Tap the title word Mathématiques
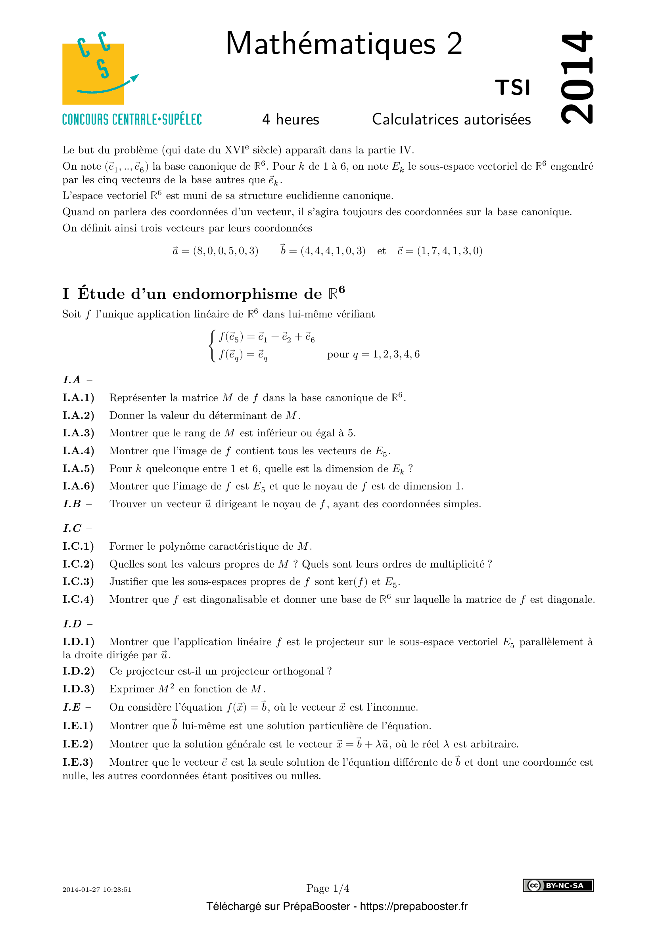[330, 44]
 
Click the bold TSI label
[512, 88]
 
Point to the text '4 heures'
[290, 120]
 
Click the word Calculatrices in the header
[415, 120]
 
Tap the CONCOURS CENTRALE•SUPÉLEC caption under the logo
[132, 120]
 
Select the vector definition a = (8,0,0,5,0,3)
[215, 251]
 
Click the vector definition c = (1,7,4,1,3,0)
[439, 251]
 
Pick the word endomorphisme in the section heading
[247, 294]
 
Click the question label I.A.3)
[78, 433]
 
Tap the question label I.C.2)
[78, 564]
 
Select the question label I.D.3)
[78, 689]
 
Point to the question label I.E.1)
[78, 726]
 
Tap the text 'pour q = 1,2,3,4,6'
[373, 354]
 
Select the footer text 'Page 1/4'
[328, 888]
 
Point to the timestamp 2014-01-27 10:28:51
[97, 889]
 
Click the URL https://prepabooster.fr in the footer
[413, 906]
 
